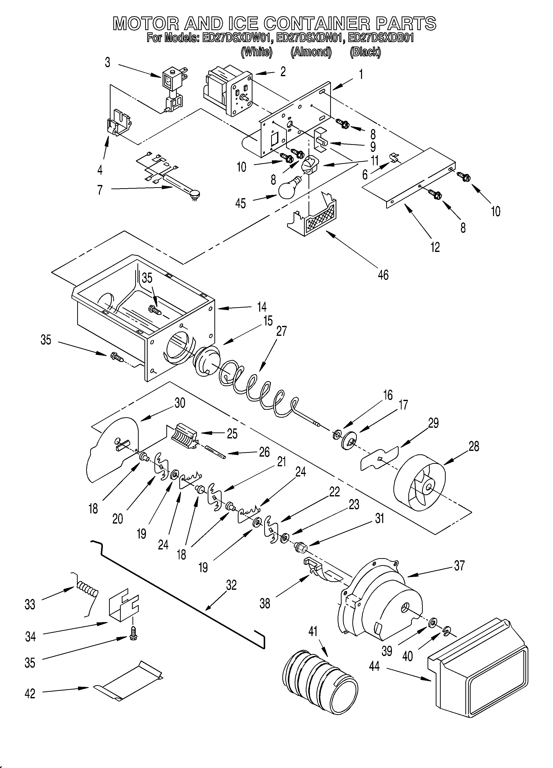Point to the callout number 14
[x=261, y=307]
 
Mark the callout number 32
[x=231, y=585]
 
